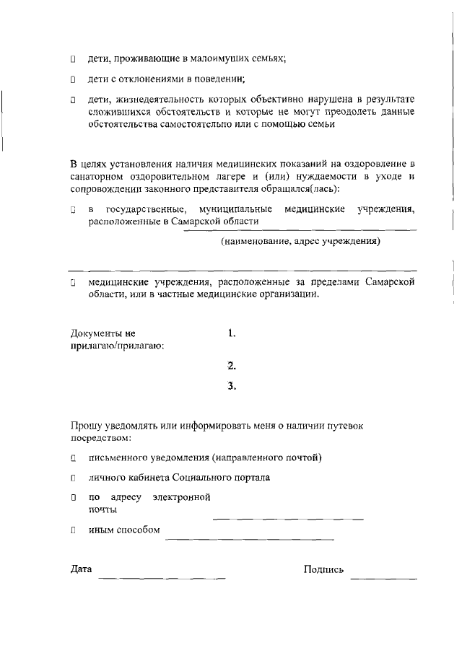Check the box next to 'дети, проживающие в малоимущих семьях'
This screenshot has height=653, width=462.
73,59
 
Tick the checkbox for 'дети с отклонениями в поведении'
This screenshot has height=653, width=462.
73,79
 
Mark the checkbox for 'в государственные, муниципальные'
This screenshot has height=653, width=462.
73,211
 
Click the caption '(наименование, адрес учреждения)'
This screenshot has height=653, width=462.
300,242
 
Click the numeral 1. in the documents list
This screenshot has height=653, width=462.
232,333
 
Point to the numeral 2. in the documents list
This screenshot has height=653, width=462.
232,365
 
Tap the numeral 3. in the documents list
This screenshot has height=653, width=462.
232,386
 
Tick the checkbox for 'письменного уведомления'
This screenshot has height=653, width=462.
73,457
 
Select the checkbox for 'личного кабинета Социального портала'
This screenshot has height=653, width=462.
73,478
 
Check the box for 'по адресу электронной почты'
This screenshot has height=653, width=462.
73,498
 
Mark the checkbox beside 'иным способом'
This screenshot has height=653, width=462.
73,530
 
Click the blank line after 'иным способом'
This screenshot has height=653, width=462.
249,539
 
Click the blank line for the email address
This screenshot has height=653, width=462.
287,519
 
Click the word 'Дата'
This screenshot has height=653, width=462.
81,569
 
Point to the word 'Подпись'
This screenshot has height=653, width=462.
323,570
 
